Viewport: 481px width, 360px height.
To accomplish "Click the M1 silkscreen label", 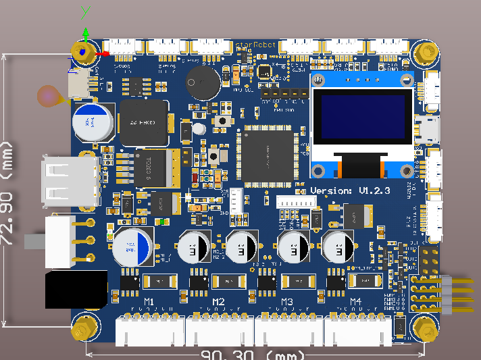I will coord(149,301).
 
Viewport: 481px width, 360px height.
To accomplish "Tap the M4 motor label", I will coord(356,301).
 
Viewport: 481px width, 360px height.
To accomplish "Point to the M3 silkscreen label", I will coord(287,301).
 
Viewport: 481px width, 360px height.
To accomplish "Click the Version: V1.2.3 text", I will coord(351,191).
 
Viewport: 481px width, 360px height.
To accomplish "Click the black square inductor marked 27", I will coord(144,124).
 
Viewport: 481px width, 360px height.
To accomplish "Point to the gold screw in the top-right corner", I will coord(426,52).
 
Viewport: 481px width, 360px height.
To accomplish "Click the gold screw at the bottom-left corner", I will coord(84,330).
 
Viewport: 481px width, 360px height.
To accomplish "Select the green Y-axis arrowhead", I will coord(86,31).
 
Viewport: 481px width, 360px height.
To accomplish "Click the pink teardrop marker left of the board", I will coord(51,96).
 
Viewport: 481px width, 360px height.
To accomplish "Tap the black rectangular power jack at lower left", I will coord(76,290).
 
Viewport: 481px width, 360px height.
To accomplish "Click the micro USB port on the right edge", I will coord(429,128).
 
